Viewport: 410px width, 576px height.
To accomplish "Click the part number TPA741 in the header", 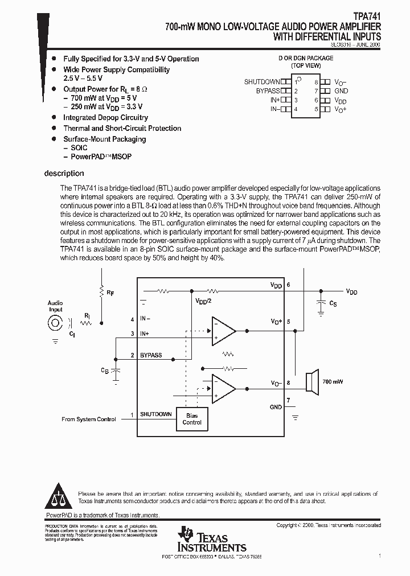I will pos(367,17).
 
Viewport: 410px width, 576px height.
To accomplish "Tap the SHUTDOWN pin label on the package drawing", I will pos(262,82).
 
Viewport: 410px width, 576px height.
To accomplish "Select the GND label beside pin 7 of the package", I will pos(341,91).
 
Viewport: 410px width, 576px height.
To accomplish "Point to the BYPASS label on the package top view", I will pos(268,91).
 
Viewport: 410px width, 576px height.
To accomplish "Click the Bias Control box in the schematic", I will pos(192,419).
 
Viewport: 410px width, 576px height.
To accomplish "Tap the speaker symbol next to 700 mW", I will pos(311,382).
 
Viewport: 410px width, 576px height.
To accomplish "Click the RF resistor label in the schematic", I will pos(110,293).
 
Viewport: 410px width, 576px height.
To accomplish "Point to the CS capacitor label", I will pos(333,304).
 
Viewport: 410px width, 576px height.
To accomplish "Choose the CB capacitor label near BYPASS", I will pos(105,371).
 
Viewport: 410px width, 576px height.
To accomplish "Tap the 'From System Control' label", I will pos(88,419).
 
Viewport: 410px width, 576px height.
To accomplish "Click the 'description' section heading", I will pos(64,174).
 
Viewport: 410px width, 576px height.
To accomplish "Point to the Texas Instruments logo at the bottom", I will pos(212,539).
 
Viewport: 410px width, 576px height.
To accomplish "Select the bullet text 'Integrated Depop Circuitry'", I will pos(105,118).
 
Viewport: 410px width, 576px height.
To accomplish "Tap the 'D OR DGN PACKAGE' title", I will pos(305,58).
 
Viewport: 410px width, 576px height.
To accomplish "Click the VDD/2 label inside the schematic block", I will pos(203,301).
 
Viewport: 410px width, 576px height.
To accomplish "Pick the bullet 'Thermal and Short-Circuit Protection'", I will pos(122,129).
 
